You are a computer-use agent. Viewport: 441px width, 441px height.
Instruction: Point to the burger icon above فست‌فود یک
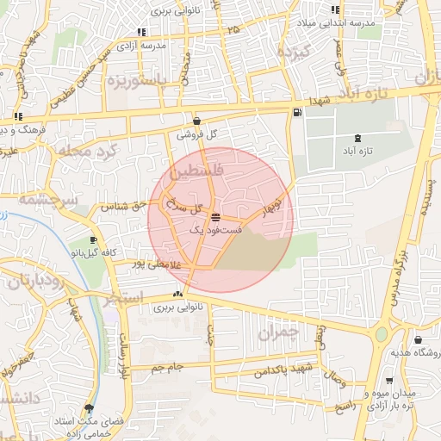[214, 216]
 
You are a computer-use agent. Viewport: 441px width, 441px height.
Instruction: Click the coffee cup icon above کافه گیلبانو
[93, 239]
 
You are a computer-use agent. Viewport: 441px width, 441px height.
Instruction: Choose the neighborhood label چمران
[277, 331]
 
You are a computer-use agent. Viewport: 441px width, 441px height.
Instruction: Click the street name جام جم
[164, 368]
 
